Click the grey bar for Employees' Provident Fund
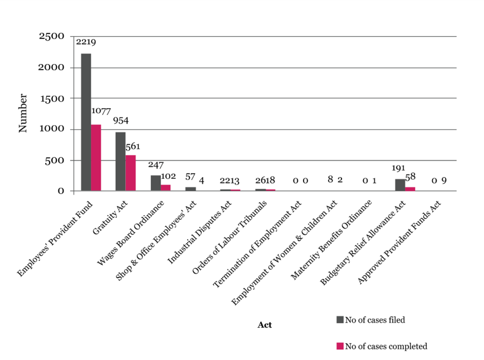(86, 122)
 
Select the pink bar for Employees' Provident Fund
(96, 158)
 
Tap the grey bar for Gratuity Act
(121, 162)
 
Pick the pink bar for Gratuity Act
(130, 173)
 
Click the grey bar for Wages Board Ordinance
(156, 183)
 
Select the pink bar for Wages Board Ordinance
(166, 188)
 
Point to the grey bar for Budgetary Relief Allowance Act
(400, 185)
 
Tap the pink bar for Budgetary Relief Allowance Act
(410, 189)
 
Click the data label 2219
(86, 42)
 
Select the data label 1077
(101, 111)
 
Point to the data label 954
(121, 120)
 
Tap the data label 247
(156, 165)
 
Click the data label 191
(398, 168)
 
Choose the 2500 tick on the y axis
(52, 36)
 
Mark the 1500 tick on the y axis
(52, 99)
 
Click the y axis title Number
(23, 113)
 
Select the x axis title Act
(265, 325)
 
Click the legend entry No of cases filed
(371, 320)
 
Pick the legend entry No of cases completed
(382, 346)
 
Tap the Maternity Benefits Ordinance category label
(331, 240)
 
